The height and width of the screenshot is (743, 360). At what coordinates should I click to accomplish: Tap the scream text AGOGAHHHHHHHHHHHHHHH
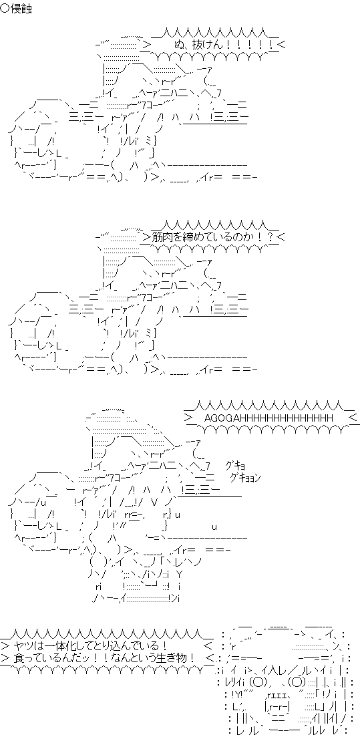tap(268, 418)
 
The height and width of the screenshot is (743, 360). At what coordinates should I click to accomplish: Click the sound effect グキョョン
tap(245, 477)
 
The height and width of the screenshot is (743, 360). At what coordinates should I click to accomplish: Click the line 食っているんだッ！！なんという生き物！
tap(105, 658)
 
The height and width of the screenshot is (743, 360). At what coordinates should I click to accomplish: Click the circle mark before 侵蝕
tap(5, 9)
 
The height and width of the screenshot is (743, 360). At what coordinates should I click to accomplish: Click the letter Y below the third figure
tap(178, 575)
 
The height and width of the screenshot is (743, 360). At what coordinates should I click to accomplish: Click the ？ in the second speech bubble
tap(268, 237)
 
